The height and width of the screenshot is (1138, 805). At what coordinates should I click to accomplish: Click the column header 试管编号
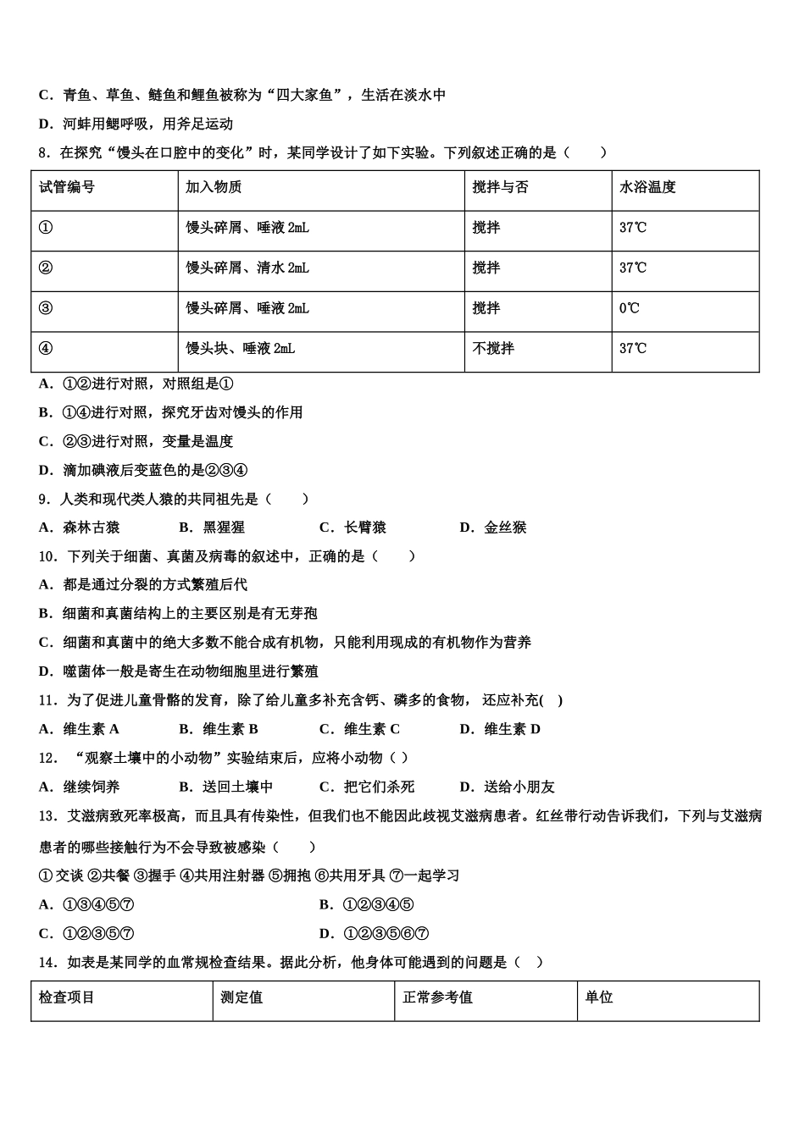click(67, 187)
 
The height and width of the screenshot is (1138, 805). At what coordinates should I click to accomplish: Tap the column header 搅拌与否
click(500, 187)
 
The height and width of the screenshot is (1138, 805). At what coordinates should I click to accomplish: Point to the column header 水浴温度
click(647, 187)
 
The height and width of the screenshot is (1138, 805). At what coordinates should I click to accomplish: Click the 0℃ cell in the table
click(629, 308)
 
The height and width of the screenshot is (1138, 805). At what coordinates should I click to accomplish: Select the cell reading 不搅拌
click(493, 348)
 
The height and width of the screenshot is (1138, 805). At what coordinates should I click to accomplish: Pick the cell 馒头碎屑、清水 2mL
click(247, 268)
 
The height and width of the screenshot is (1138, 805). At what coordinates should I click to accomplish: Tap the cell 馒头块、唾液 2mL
click(241, 348)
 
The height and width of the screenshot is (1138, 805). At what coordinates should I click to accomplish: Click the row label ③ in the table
click(46, 308)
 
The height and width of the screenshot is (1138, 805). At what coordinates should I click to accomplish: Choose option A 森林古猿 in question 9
click(80, 528)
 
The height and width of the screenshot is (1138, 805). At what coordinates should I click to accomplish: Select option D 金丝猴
click(494, 528)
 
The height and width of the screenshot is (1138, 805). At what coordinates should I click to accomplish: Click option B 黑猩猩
click(214, 528)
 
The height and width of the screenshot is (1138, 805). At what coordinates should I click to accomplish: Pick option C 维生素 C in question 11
click(360, 729)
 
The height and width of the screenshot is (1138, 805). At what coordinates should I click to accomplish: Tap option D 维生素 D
click(501, 729)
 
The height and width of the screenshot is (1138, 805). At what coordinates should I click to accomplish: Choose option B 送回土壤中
click(227, 787)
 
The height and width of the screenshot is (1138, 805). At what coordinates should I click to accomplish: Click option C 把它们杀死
click(368, 787)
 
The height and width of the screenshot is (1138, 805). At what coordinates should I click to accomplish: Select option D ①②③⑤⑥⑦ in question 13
click(375, 934)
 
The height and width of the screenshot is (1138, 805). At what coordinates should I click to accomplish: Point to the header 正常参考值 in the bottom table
click(437, 997)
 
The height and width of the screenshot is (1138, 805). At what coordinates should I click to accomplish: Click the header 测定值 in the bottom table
click(241, 997)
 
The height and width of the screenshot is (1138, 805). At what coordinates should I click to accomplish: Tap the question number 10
click(48, 556)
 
